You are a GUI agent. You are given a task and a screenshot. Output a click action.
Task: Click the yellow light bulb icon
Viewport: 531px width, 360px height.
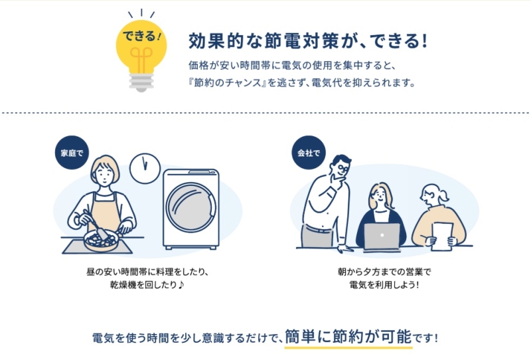pyautogui.click(x=141, y=51)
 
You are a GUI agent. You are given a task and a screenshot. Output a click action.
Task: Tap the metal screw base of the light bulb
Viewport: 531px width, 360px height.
pyautogui.click(x=141, y=82)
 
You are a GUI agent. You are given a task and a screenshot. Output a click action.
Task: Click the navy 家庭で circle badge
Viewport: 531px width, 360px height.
pyautogui.click(x=72, y=153)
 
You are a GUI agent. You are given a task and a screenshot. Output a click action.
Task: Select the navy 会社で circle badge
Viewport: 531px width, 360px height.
pyautogui.click(x=309, y=153)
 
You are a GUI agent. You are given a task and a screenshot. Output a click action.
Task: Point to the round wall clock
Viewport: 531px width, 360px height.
pyautogui.click(x=145, y=168)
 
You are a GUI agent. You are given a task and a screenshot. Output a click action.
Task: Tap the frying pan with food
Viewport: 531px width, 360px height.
pyautogui.click(x=101, y=240)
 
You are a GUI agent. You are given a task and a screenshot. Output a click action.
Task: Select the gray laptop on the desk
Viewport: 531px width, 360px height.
pyautogui.click(x=382, y=237)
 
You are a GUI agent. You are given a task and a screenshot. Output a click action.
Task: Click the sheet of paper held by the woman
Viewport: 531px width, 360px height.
pyautogui.click(x=442, y=236)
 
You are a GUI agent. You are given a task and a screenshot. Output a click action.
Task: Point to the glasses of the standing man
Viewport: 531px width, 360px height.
pyautogui.click(x=341, y=168)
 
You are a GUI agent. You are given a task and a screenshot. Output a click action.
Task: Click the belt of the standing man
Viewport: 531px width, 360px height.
pyautogui.click(x=318, y=228)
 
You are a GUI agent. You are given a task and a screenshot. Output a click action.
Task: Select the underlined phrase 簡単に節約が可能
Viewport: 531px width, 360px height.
pyautogui.click(x=348, y=337)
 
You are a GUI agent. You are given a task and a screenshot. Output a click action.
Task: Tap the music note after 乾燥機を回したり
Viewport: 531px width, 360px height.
pyautogui.click(x=181, y=284)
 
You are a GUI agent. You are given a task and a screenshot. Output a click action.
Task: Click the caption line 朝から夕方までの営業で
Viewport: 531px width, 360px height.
pyautogui.click(x=384, y=272)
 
